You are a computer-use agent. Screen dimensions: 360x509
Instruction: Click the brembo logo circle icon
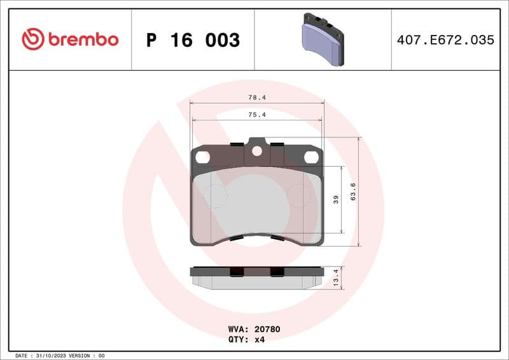33,39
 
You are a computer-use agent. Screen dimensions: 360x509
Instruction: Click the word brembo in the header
83,39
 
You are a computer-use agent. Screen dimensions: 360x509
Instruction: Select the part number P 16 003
193,40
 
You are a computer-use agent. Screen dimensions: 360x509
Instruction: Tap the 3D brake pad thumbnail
322,39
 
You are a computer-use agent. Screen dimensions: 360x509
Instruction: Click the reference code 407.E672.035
445,40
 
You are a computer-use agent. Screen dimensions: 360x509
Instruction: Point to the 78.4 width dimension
257,98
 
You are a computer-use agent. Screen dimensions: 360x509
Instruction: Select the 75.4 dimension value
257,115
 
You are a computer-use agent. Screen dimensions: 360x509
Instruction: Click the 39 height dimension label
336,199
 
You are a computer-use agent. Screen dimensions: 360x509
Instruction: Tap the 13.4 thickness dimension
335,278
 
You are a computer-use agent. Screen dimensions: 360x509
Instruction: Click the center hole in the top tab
257,151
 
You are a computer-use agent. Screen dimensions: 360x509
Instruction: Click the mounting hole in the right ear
311,156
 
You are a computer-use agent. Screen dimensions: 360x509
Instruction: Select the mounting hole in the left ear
203,156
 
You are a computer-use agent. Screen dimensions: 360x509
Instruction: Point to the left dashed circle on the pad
217,197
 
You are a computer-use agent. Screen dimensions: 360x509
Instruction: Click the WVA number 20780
267,329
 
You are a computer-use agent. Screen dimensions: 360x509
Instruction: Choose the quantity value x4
260,339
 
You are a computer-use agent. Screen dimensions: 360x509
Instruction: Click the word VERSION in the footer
81,356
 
